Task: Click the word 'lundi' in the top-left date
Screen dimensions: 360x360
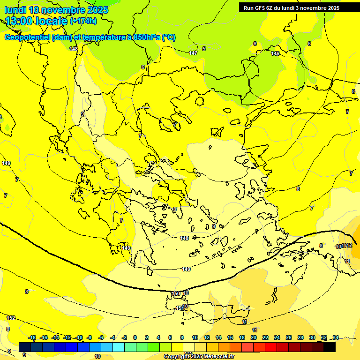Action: [x=15, y=10]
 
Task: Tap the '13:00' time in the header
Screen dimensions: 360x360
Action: [x=21, y=21]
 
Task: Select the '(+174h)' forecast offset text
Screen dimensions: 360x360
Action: [x=83, y=21]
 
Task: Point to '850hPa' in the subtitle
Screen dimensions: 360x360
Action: [x=146, y=37]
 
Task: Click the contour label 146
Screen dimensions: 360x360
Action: [x=275, y=53]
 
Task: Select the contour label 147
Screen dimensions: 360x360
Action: [x=193, y=53]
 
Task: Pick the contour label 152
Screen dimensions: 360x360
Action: [x=11, y=318]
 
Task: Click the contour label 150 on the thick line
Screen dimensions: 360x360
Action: [x=176, y=294]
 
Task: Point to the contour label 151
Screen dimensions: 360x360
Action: [x=179, y=308]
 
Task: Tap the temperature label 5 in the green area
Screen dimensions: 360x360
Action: [x=204, y=49]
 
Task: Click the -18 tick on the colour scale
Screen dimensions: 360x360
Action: [x=32, y=337]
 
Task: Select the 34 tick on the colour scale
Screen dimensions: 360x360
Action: [x=336, y=337]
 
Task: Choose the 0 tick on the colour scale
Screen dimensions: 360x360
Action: [x=135, y=337]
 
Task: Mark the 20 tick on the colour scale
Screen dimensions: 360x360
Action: [x=254, y=337]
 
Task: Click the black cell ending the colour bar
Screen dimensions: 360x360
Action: [x=330, y=347]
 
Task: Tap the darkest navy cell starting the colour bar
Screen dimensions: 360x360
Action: [x=25, y=347]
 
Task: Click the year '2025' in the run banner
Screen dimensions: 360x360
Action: [x=333, y=8]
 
